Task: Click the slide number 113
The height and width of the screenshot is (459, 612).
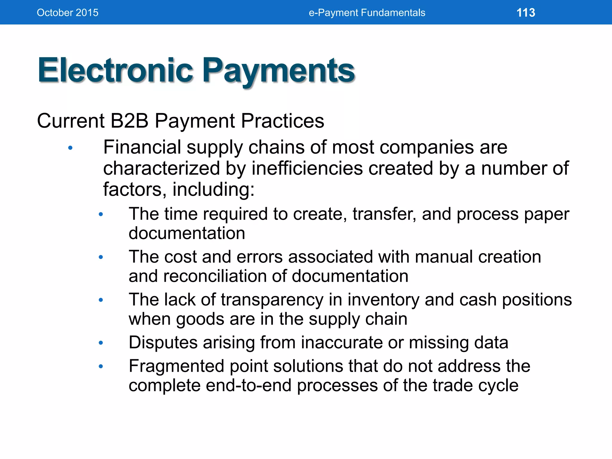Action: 526,13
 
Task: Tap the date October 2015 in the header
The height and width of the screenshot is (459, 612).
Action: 68,13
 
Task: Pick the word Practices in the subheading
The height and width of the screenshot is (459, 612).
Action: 282,121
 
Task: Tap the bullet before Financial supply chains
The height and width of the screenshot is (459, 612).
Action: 71,148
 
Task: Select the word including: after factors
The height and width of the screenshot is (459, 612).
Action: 213,189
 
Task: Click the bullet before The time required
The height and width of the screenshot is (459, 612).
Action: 101,214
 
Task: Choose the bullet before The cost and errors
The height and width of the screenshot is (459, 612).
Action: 101,257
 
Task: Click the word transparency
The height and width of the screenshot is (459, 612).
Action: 272,300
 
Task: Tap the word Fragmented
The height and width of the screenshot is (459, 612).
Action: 176,366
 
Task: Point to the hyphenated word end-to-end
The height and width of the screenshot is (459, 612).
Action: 249,385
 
